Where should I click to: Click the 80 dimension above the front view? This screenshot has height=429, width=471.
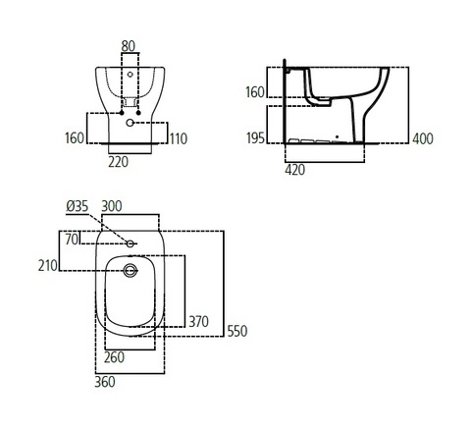pos(128,46)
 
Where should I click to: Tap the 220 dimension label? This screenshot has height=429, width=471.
pos(118,162)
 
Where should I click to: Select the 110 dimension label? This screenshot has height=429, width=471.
pos(179,138)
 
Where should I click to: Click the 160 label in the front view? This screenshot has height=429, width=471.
pos(75,138)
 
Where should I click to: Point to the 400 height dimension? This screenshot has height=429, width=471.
pos(423,138)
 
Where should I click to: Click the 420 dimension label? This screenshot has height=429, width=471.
pos(294,170)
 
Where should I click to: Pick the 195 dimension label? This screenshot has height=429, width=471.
pos(255,138)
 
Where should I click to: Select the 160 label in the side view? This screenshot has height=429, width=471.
pos(255,92)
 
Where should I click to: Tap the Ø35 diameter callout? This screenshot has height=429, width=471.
pos(78,206)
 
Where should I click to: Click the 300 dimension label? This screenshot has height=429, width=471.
pos(112,206)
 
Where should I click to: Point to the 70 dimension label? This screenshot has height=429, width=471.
pos(72,240)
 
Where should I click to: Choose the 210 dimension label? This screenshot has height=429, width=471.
pos(48,266)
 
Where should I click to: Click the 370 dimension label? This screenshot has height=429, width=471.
pos(198,322)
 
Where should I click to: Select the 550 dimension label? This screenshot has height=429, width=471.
pos(237,331)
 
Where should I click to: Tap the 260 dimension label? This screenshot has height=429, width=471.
pos(114,357)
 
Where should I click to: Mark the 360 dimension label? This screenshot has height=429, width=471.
pos(105,382)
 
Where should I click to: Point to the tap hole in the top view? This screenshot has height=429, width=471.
pos(131,243)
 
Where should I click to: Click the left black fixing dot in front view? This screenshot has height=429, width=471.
pos(122,113)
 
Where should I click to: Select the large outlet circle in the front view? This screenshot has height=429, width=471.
pos(130,123)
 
